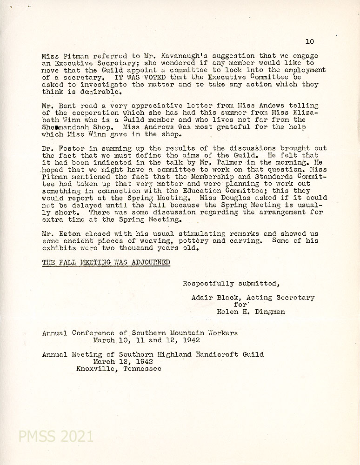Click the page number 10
tap(310, 41)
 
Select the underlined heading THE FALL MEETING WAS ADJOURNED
tap(106, 263)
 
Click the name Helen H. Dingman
tap(251, 312)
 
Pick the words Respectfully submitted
tap(231, 283)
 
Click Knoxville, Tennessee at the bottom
tap(119, 369)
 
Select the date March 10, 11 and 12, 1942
tap(146, 340)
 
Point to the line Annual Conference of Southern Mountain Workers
tap(140, 333)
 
